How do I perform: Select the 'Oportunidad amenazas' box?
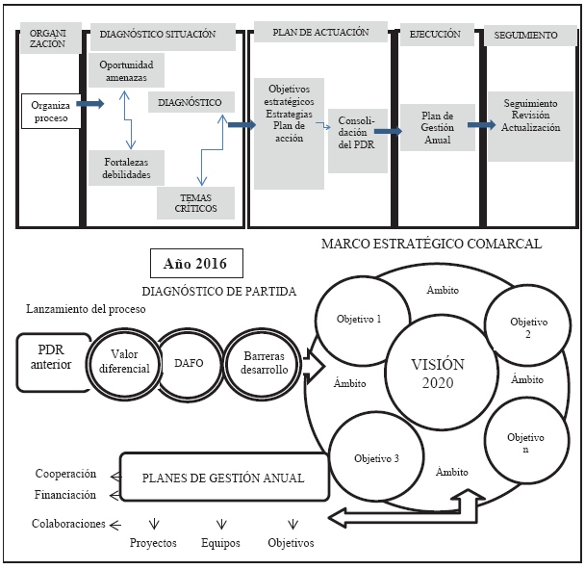[127, 69]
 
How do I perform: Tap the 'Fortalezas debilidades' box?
[126, 166]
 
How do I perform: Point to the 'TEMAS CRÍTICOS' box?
[192, 201]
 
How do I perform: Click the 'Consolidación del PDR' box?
[352, 132]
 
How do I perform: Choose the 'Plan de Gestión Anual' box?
[437, 125]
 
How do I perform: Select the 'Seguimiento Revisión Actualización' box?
[529, 114]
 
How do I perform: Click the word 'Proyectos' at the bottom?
[154, 543]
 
